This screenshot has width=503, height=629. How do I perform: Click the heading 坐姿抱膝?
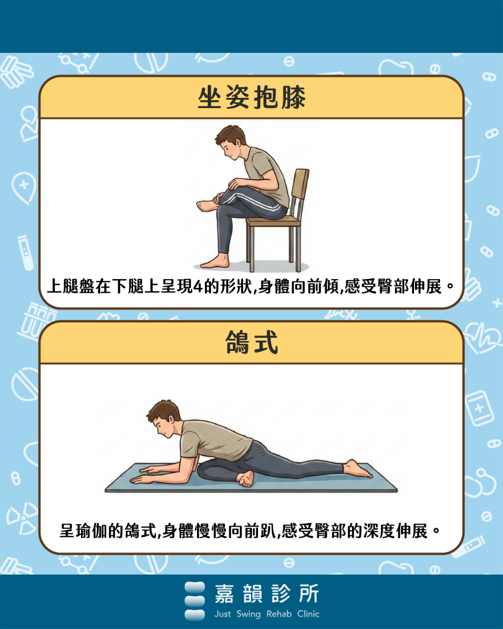click(x=251, y=97)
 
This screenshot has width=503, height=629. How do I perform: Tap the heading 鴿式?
click(x=251, y=343)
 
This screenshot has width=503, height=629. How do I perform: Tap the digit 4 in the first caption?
click(x=198, y=286)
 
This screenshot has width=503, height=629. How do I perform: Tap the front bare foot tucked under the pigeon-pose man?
click(x=246, y=478)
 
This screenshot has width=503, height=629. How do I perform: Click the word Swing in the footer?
click(x=248, y=614)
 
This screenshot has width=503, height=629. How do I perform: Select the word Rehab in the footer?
click(x=279, y=614)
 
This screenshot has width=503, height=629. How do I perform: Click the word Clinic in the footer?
click(x=308, y=614)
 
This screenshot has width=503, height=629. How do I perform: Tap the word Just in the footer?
click(x=223, y=614)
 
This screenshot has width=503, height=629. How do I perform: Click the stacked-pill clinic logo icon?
click(x=195, y=600)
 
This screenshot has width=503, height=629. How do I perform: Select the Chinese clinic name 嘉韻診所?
click(x=267, y=594)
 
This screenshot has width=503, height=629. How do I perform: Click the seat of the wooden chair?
click(x=273, y=221)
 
